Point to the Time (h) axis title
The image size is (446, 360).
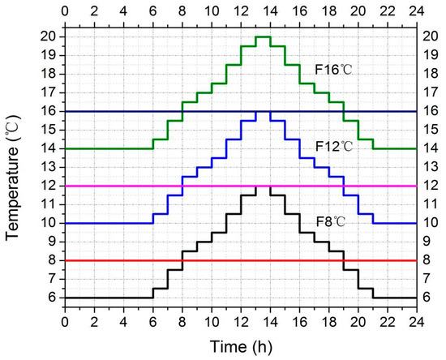point(240,345)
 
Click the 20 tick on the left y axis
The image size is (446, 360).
point(50,36)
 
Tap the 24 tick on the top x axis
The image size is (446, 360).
point(416,12)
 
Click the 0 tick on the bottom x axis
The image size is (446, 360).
point(65,319)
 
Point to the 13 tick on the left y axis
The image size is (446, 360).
point(50,167)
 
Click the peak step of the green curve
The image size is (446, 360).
point(263,36)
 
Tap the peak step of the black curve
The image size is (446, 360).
point(263,186)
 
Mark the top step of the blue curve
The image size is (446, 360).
point(263,111)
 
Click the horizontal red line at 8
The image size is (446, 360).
point(162,261)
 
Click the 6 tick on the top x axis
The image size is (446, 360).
point(152,12)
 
